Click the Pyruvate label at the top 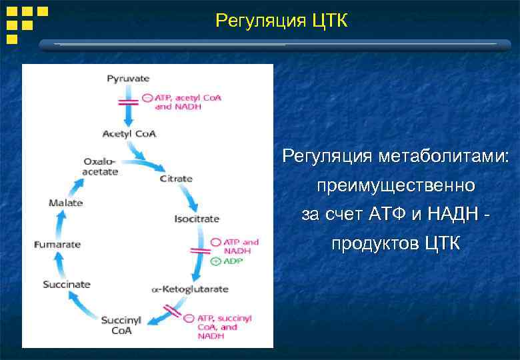129,79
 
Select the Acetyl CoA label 129,133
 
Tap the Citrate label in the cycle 176,179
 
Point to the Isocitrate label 197,219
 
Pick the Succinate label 66,284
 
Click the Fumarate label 57,244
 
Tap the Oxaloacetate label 100,167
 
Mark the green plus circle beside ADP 215,262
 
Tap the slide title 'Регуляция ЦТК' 281,21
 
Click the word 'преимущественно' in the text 396,185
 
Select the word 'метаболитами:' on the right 443,157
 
